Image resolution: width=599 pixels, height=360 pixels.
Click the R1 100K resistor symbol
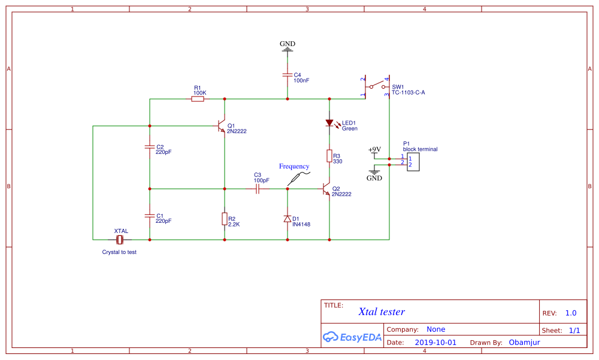pyautogui.click(x=198, y=99)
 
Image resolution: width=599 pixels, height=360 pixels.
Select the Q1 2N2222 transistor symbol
pyautogui.click(x=221, y=126)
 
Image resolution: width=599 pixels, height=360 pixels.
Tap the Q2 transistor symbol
pyautogui.click(x=326, y=189)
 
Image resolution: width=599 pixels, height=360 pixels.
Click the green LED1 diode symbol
pyautogui.click(x=329, y=123)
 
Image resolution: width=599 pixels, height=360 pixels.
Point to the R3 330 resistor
pyautogui.click(x=329, y=156)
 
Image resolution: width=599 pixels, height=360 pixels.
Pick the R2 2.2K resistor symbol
pyautogui.click(x=224, y=219)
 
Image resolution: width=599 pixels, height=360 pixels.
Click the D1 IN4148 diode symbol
pyautogui.click(x=288, y=219)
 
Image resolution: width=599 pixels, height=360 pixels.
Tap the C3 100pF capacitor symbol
pyautogui.click(x=257, y=189)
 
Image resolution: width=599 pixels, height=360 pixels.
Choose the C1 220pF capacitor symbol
pyautogui.click(x=149, y=214)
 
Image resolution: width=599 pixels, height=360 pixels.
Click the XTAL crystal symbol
pyautogui.click(x=120, y=240)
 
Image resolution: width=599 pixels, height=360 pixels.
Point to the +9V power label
pyautogui.click(x=374, y=150)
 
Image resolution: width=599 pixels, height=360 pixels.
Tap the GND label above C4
pyautogui.click(x=288, y=44)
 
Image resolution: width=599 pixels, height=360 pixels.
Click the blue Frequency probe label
pyautogui.click(x=294, y=167)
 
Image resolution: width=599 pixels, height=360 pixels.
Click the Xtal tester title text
pyautogui.click(x=382, y=311)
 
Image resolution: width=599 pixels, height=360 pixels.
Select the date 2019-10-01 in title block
pyautogui.click(x=435, y=343)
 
